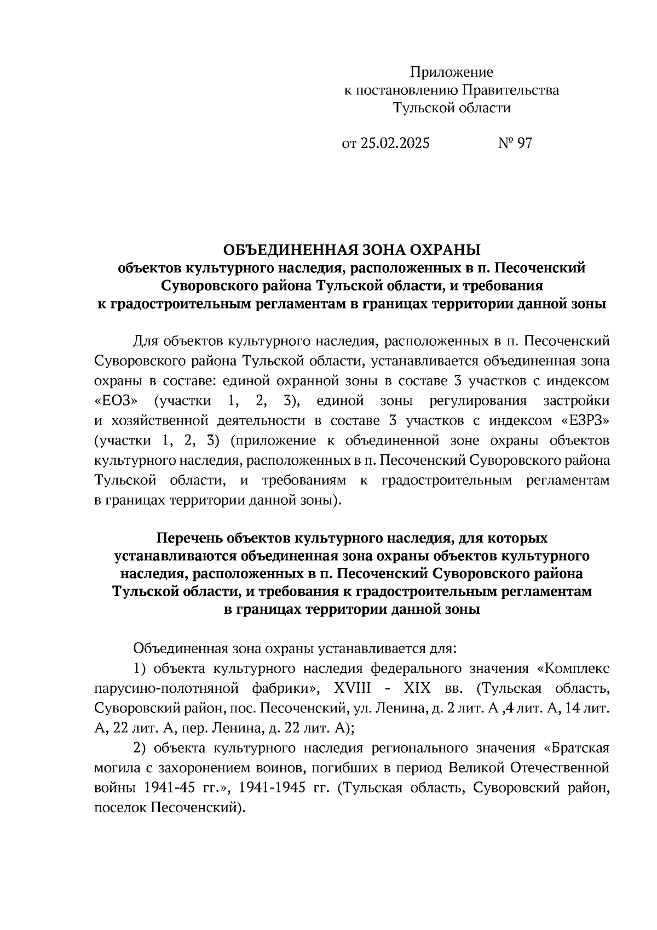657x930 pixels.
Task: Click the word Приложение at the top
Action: (x=452, y=72)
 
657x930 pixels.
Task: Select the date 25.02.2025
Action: (x=395, y=144)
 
